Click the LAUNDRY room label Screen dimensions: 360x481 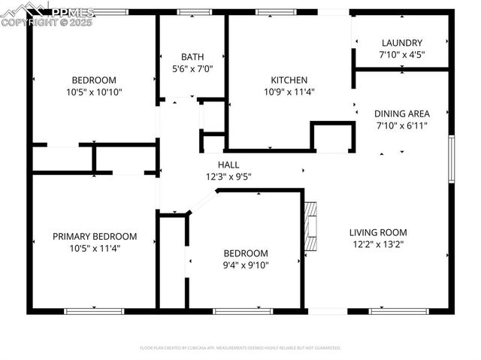[x=401, y=43]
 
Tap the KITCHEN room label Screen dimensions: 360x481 [x=289, y=80]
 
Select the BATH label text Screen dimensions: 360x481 [x=192, y=56]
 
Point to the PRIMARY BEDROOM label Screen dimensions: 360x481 [x=95, y=236]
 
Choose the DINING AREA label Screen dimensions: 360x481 [x=402, y=113]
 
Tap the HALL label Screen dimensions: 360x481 [x=228, y=165]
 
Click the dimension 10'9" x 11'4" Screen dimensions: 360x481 [x=289, y=92]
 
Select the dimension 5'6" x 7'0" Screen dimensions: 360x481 [x=192, y=68]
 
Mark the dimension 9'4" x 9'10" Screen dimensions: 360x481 [x=245, y=265]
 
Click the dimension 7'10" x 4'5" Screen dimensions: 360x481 [x=401, y=55]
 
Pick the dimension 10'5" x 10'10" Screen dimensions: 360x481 [x=94, y=92]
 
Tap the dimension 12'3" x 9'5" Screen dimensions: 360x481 [x=228, y=177]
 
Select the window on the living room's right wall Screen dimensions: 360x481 [x=451, y=158]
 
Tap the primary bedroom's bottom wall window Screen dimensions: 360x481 [x=93, y=310]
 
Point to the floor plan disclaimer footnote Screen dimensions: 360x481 [x=240, y=348]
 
